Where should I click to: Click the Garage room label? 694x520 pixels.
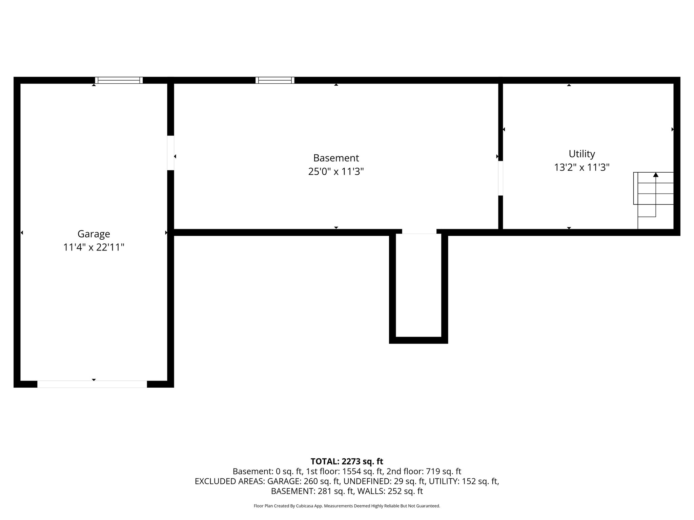pyautogui.click(x=94, y=234)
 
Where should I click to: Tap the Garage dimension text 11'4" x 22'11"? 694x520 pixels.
pyautogui.click(x=94, y=247)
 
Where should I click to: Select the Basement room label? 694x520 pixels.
pyautogui.click(x=336, y=158)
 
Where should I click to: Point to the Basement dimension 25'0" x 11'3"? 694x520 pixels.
pyautogui.click(x=336, y=172)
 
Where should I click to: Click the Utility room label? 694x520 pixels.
pyautogui.click(x=581, y=154)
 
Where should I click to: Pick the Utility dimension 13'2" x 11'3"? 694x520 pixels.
pyautogui.click(x=581, y=168)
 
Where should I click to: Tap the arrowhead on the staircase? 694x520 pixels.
pyautogui.click(x=656, y=175)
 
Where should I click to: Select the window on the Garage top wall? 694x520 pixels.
pyautogui.click(x=119, y=80)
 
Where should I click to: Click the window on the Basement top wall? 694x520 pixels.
pyautogui.click(x=275, y=80)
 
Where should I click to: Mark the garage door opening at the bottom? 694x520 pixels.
pyautogui.click(x=92, y=384)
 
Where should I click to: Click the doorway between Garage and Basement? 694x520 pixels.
pyautogui.click(x=170, y=153)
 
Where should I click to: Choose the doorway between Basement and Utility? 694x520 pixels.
pyautogui.click(x=501, y=178)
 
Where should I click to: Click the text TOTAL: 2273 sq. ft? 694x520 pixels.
pyautogui.click(x=347, y=461)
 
